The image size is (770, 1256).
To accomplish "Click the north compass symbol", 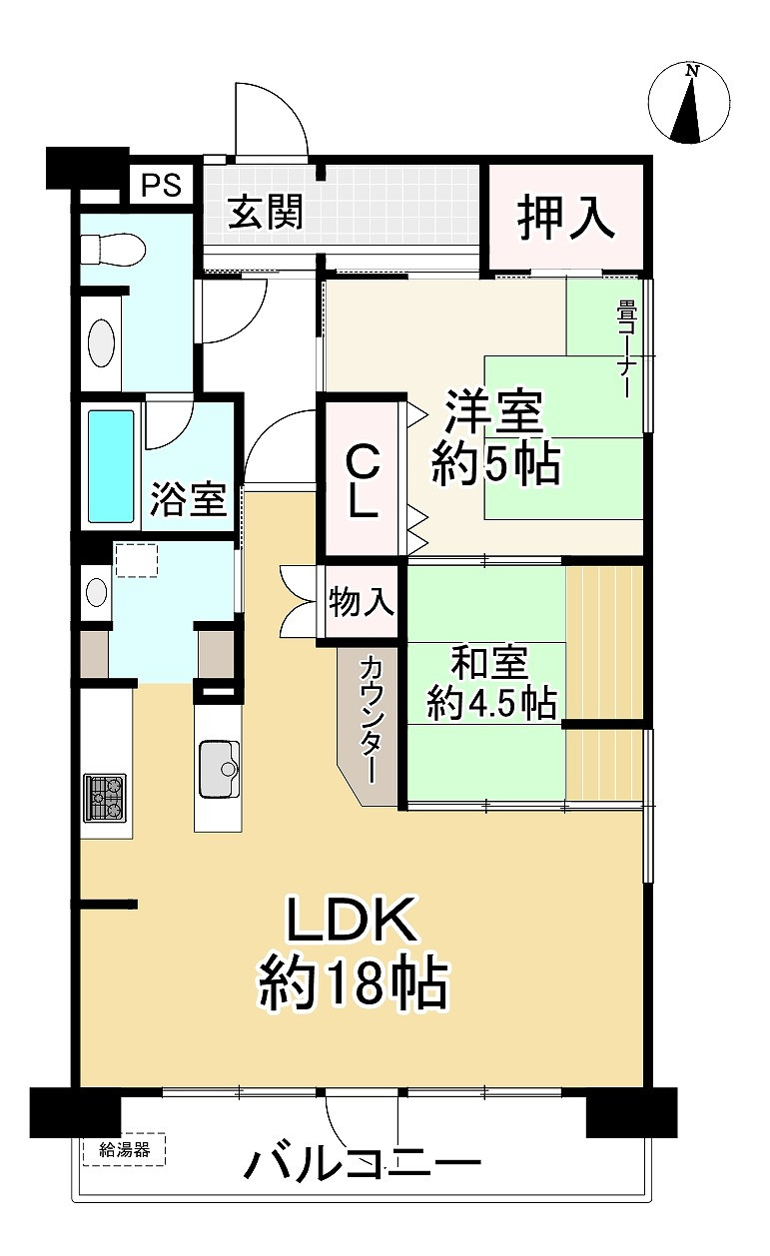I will click(x=689, y=103).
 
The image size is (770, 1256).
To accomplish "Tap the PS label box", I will click(x=161, y=186).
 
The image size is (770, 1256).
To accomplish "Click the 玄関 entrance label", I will click(x=265, y=213).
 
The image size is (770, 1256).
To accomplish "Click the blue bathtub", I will click(x=110, y=466).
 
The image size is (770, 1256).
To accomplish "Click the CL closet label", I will click(x=362, y=480).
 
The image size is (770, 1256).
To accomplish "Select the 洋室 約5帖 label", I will click(x=494, y=438).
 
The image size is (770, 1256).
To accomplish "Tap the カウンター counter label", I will click(x=371, y=717).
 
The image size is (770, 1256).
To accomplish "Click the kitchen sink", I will click(x=221, y=769).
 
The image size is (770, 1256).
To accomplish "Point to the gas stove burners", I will click(x=105, y=798).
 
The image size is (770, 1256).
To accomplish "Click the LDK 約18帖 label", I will click(x=352, y=953).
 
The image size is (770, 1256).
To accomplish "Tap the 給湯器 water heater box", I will click(x=125, y=1149).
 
